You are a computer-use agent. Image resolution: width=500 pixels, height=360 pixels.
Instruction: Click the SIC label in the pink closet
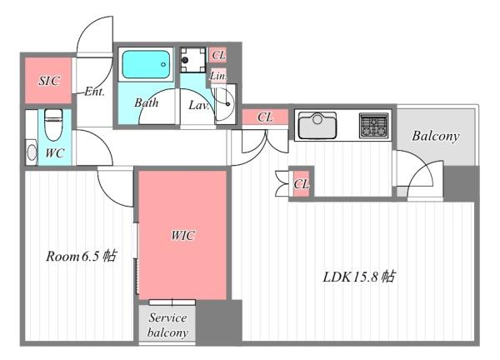pos(49,81)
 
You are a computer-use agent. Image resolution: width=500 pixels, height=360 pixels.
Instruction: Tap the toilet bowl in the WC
pos(53,125)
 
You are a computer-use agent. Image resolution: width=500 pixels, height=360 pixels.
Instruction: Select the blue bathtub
pos(146,64)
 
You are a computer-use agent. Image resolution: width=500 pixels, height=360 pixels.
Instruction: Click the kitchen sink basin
pos(317,125)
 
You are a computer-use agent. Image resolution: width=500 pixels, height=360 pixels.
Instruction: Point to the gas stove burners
pos(373,125)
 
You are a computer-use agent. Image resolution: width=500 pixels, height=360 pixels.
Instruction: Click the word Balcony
pos(436,136)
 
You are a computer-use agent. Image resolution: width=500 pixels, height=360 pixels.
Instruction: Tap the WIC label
pos(182,236)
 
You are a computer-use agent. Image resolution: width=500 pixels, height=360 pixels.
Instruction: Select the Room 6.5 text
pos(82,256)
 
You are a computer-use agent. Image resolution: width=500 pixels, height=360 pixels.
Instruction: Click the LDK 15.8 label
pos(359,277)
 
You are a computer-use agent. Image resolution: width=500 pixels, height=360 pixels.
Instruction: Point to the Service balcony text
pos(167,325)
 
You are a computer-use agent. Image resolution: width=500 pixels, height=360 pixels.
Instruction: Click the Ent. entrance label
pos(94,92)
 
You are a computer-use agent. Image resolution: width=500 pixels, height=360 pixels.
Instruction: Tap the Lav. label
pos(198,105)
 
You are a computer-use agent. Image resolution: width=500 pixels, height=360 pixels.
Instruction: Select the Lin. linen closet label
pos(218,76)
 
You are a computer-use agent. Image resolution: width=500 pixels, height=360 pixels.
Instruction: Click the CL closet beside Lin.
pos(218,55)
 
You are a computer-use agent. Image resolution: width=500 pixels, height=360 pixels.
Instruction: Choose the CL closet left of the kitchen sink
pos(265,117)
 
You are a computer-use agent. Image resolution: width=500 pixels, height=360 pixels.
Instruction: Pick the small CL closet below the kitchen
pos(302,184)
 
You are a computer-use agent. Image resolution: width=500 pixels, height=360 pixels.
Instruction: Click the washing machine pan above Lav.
pos(193,60)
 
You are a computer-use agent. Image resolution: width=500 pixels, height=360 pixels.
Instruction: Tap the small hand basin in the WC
pos(32,152)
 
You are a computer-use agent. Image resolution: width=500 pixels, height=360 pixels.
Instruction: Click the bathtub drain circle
pos(163,64)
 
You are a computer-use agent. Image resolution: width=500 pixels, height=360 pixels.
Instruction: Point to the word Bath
pos(147,102)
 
